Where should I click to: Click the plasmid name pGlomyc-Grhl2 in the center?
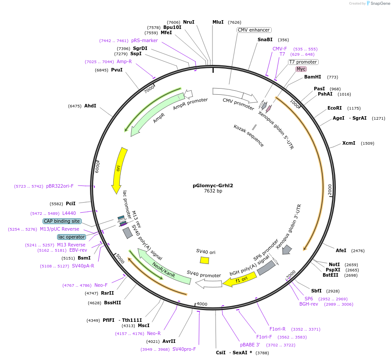213,185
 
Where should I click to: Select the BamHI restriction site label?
313,77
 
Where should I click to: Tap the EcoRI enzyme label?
335,108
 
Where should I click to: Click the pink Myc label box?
301,69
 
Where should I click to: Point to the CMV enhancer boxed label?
254,30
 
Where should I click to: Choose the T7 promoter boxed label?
303,62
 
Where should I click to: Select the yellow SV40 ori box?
205,260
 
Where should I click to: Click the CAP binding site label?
62,221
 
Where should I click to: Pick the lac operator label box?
72,237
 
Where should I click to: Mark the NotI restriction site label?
334,264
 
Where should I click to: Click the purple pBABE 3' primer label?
250,345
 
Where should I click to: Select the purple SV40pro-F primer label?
184,349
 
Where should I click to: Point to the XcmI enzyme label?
349,143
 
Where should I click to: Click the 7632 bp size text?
213,191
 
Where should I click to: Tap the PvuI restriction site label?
117,70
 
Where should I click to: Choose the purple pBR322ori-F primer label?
60,186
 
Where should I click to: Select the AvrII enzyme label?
169,341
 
